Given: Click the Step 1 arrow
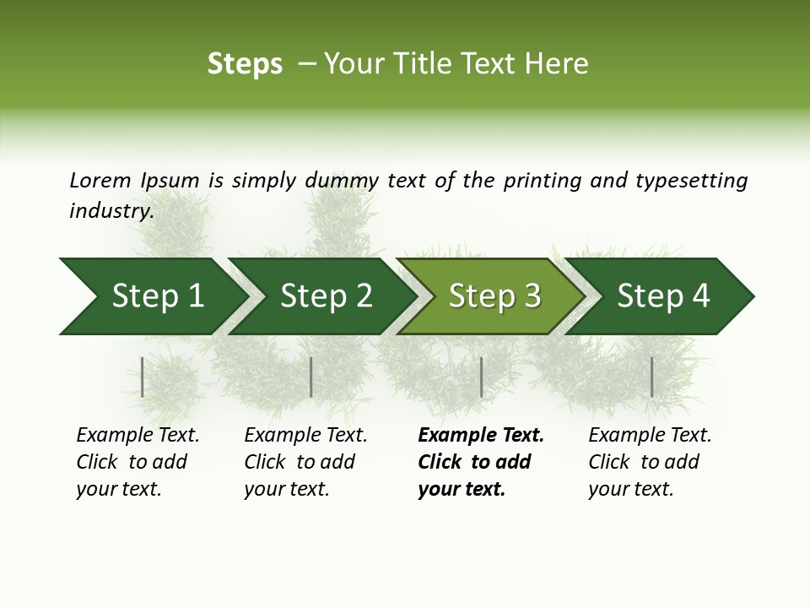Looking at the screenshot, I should pyautogui.click(x=157, y=296).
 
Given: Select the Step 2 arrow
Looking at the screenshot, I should pyautogui.click(x=326, y=296).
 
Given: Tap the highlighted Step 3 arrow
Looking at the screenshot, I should pyautogui.click(x=494, y=296).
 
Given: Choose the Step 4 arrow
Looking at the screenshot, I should pyautogui.click(x=663, y=296).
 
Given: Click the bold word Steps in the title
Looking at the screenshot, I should pyautogui.click(x=245, y=64).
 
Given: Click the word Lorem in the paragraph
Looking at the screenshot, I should pyautogui.click(x=100, y=180).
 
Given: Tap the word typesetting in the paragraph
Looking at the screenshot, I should pyautogui.click(x=691, y=181).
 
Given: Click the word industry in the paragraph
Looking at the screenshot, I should pyautogui.click(x=111, y=210).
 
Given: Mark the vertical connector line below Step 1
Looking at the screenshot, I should pyautogui.click(x=143, y=377).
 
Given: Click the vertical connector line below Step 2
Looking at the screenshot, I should pyautogui.click(x=311, y=377).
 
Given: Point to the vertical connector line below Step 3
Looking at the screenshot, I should pyautogui.click(x=481, y=377).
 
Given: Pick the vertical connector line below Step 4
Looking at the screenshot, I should pyautogui.click(x=651, y=377).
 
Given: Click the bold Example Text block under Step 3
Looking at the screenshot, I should pyautogui.click(x=480, y=462).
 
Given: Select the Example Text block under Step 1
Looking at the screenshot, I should pyautogui.click(x=137, y=462).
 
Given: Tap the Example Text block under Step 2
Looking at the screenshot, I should pyautogui.click(x=305, y=462).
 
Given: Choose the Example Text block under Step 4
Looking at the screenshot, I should pyautogui.click(x=649, y=462).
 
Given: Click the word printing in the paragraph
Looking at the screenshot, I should pyautogui.click(x=540, y=181).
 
